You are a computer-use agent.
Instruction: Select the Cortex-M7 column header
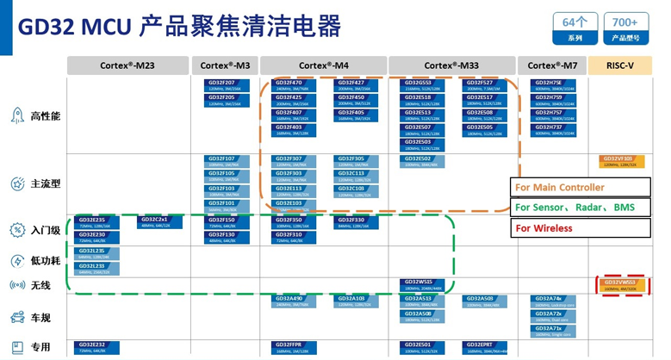point(551,65)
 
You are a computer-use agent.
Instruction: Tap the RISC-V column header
point(620,65)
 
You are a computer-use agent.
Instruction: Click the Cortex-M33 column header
point(451,65)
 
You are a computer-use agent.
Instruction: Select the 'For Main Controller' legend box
point(580,187)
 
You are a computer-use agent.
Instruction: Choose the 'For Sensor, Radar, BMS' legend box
point(580,208)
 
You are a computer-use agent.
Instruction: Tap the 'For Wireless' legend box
point(580,228)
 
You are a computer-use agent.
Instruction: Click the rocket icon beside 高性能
point(16,115)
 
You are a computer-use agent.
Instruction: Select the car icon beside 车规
point(16,317)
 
